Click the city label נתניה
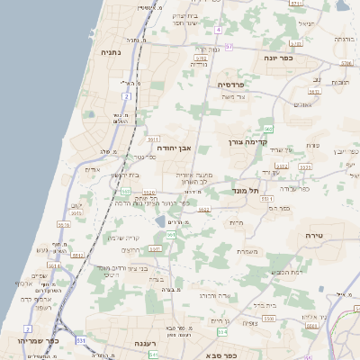coord(108,53)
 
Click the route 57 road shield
coord(229,47)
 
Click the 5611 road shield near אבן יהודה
coord(153,139)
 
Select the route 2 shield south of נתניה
coord(127,94)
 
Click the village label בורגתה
coord(345,40)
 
